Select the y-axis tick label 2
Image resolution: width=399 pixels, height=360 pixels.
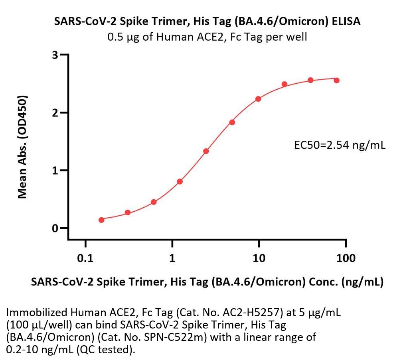[x=56, y=112]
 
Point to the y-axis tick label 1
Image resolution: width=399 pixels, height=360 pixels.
[x=56, y=170]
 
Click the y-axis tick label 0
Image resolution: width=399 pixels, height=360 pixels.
[x=56, y=228]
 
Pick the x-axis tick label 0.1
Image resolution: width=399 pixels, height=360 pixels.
[x=85, y=258]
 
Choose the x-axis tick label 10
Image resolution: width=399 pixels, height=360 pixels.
[x=259, y=258]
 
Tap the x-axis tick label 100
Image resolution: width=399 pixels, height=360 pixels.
[x=346, y=258]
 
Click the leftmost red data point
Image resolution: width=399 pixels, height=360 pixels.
[x=101, y=220]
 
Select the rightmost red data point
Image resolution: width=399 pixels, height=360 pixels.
[x=337, y=80]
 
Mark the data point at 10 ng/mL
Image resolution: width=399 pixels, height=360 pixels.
[x=258, y=99]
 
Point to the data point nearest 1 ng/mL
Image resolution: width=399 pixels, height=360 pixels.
[x=180, y=181]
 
